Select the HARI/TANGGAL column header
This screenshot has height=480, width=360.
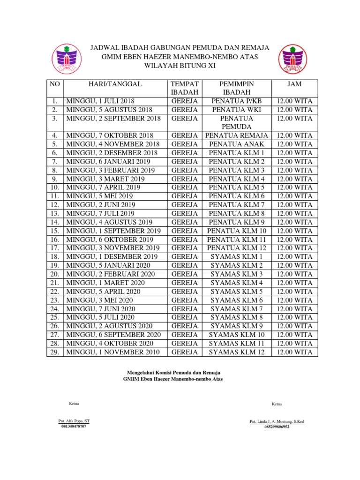(115, 84)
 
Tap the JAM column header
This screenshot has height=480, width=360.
(294, 84)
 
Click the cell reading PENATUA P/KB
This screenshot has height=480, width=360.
(237, 101)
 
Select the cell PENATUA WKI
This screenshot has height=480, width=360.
(237, 110)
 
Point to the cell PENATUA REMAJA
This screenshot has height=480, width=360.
(237, 135)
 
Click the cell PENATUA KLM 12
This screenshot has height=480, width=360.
(237, 247)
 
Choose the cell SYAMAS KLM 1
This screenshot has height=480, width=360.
(237, 256)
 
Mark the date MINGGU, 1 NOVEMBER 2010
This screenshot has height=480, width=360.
(113, 352)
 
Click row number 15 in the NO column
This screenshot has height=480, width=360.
(55, 231)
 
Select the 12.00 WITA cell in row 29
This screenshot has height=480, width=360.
(294, 352)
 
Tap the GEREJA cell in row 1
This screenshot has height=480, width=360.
(185, 101)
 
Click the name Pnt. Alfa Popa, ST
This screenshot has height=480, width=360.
(74, 421)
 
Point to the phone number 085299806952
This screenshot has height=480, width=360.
(277, 427)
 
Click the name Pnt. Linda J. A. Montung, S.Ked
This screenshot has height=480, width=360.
(277, 421)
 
